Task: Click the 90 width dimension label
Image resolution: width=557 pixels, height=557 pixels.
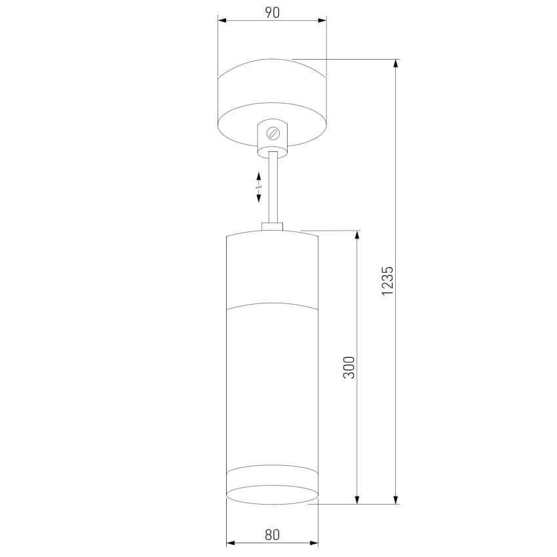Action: coord(273,12)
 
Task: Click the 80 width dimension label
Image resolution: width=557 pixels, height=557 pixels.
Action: coord(272,535)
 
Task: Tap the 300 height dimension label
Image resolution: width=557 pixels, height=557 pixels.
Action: coord(349,368)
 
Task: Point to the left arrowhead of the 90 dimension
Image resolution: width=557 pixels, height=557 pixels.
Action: coord(222,20)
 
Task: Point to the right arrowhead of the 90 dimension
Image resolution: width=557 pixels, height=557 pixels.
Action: coord(322,20)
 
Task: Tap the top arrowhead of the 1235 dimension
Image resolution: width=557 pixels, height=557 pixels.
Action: coord(396,64)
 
